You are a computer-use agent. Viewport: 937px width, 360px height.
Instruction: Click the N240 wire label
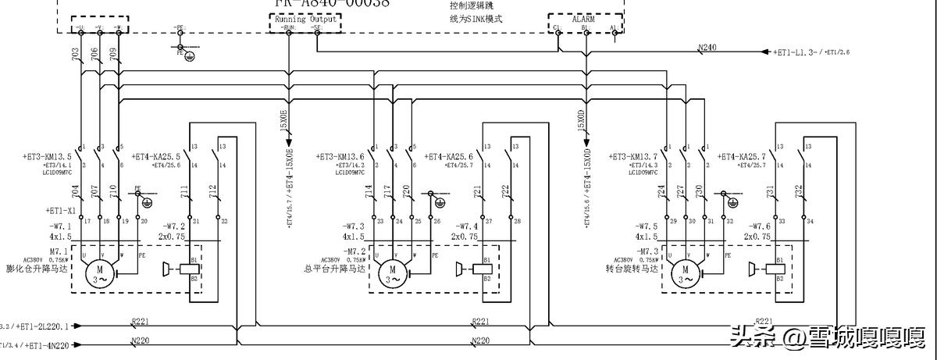707,48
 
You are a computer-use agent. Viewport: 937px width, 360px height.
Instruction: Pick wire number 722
505,191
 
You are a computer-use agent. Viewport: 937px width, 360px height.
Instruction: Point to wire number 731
770,191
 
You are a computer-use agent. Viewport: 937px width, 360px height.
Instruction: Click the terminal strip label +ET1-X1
60,211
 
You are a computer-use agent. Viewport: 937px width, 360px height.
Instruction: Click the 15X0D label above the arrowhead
581,123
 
